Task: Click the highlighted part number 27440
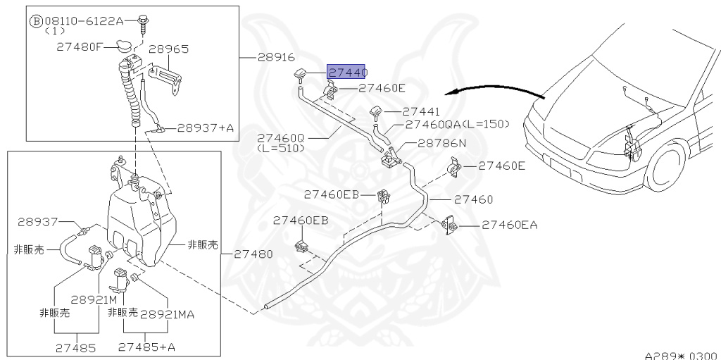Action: click(x=347, y=71)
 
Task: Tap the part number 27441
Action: click(x=421, y=111)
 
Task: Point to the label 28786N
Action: click(x=441, y=143)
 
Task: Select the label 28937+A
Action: click(x=204, y=128)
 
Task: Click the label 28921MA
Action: click(x=167, y=314)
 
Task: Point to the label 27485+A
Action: click(x=146, y=347)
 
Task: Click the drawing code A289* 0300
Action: click(x=680, y=355)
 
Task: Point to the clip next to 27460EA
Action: click(x=448, y=226)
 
